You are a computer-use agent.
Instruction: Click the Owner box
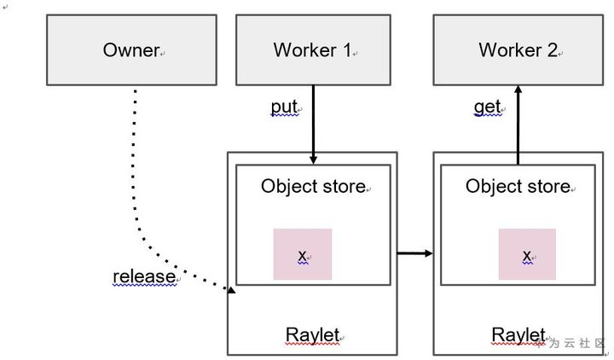[x=131, y=50]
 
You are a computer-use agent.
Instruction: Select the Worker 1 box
[x=312, y=50]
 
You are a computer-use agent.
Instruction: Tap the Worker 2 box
[x=517, y=50]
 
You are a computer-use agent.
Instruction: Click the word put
[x=284, y=107]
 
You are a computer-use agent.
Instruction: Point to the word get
[x=486, y=107]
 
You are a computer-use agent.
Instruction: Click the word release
[x=143, y=276]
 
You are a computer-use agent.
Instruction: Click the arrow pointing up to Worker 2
[x=518, y=124]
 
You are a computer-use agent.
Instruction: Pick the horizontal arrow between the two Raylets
[x=415, y=253]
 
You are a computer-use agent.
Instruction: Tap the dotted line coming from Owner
[x=135, y=171]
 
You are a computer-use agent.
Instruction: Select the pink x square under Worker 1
[x=302, y=254]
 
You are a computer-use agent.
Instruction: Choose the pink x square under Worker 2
[x=527, y=254]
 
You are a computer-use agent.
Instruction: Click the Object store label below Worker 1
[x=312, y=187]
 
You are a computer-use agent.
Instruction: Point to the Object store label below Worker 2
[x=517, y=187]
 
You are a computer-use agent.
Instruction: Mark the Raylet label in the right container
[x=518, y=334]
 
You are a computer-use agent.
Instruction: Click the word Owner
[x=130, y=50]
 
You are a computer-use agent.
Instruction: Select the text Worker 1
[x=311, y=50]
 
